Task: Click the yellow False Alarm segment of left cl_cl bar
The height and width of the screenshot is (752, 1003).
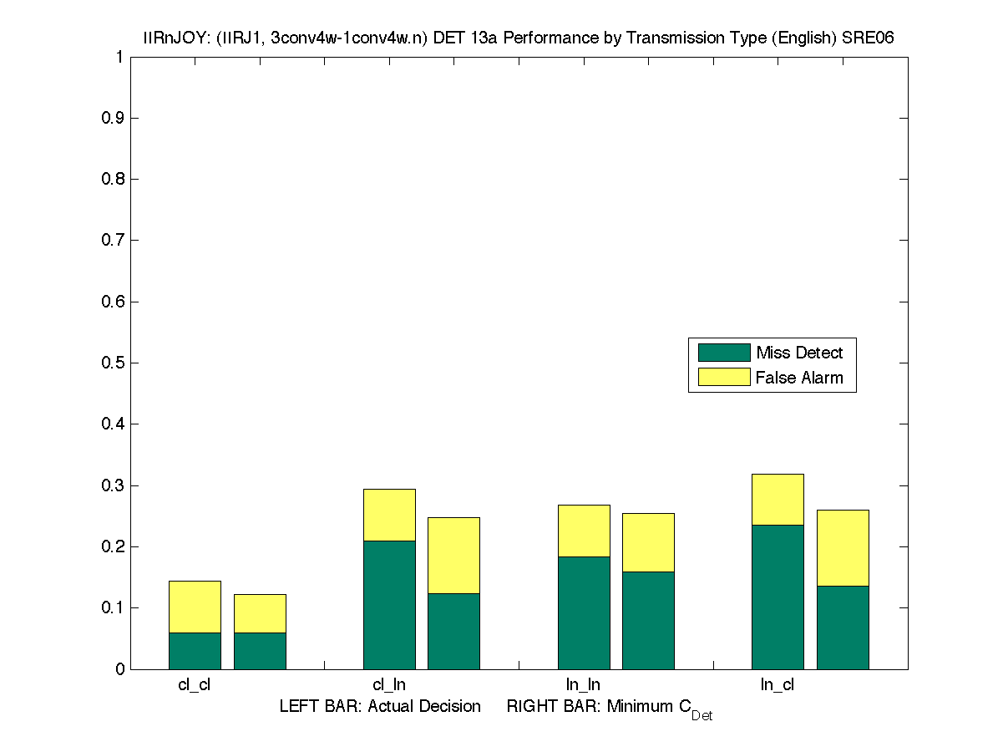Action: point(195,607)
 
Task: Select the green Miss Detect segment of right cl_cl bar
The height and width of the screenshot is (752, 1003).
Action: point(260,651)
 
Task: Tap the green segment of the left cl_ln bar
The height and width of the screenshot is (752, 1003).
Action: point(389,604)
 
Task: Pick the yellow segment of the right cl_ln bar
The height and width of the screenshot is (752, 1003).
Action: point(453,555)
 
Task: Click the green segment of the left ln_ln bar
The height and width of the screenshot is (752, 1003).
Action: point(584,612)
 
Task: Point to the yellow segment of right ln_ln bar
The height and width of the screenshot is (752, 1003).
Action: point(648,542)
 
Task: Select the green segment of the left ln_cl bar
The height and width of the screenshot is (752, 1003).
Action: point(778,597)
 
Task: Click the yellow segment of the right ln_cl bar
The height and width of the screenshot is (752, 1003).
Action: point(843,547)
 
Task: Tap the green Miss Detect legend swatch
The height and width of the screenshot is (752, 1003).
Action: point(724,353)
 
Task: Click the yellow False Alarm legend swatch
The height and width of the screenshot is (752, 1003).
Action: point(724,378)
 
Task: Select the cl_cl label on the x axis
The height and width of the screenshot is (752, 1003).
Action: point(195,685)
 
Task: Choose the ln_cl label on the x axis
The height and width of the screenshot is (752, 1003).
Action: point(778,685)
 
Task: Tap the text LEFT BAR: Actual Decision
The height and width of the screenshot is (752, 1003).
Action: point(380,707)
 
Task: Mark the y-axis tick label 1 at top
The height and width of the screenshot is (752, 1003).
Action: point(119,58)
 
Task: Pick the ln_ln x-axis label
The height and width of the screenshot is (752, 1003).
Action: point(584,685)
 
